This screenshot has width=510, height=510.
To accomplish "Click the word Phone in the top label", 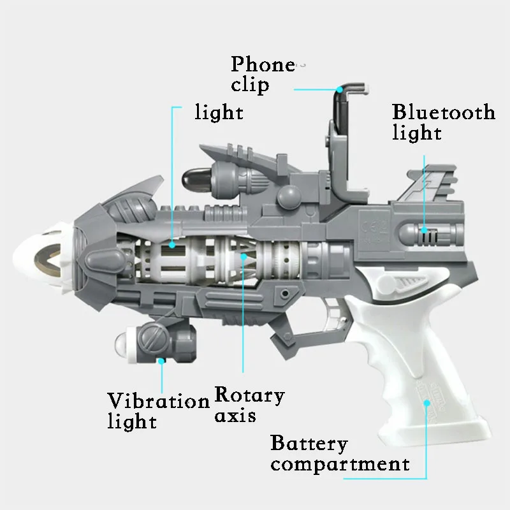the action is pos(263,64).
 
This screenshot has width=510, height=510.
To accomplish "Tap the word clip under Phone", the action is pos(250,85).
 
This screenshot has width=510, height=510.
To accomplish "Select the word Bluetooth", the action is pos(444,112).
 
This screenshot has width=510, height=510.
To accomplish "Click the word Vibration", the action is pos(158,401).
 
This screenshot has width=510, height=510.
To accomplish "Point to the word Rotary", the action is pos(249,396).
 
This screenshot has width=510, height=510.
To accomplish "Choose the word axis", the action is pos(235,416).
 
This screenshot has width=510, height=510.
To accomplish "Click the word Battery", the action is pos(309,444).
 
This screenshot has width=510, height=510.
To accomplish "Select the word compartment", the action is pos(340,465).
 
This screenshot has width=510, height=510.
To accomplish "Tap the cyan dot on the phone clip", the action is pos(340,89).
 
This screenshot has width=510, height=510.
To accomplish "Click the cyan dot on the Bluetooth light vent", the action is pos(424,230).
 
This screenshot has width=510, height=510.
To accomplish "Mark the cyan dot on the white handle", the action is pos(426,404).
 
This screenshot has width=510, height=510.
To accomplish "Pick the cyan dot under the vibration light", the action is pos(161,361).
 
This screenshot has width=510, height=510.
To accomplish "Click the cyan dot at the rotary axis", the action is pos(244,257).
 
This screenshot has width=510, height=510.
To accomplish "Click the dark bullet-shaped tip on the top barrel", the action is pos(195,180).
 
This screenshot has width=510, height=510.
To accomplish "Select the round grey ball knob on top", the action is pos(289,197).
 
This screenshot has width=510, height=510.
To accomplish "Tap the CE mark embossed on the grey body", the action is pos(374,227).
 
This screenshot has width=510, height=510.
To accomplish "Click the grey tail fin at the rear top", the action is pos(429,183).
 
